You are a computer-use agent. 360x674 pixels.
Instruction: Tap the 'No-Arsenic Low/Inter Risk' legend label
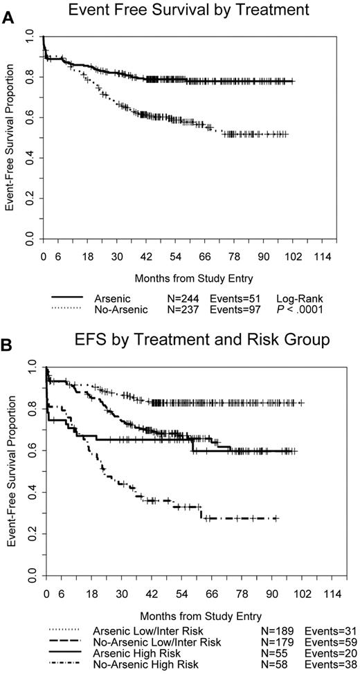pos(151,641)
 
